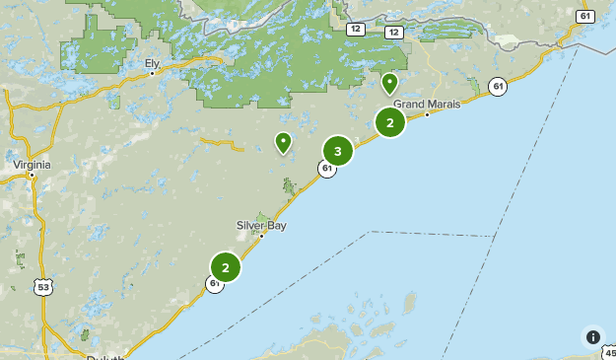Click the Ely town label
152,62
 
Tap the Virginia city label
32,165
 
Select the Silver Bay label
261,224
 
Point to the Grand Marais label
427,104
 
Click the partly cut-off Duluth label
104,357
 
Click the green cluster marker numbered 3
338,151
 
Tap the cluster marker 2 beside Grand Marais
390,122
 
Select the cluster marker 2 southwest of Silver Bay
226,266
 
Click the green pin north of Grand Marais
390,83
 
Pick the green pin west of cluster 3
283,142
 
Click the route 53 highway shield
42,287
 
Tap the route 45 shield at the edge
608,353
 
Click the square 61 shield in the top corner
586,16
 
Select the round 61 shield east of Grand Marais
498,87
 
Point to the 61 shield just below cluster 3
326,169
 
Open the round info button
592,336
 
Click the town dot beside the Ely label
152,72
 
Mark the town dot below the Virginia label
33,176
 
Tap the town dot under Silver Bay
261,235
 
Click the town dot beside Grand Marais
427,114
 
